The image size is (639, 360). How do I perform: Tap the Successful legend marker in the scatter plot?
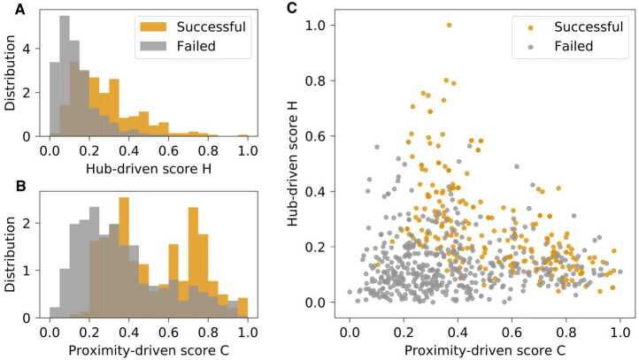pyautogui.click(x=528, y=26)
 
